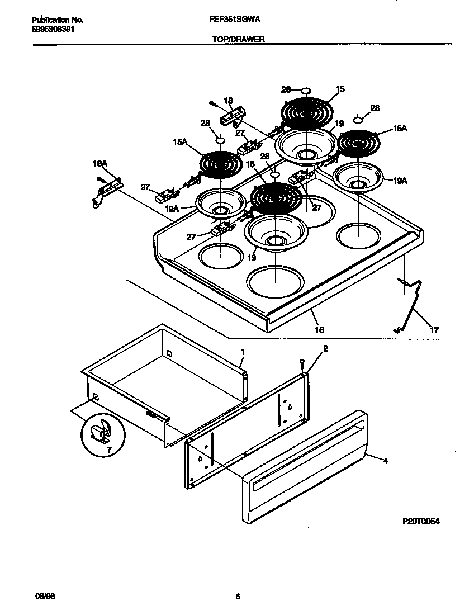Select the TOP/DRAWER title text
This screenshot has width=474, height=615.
coord(238,40)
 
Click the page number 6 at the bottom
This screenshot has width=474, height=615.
coord(238,597)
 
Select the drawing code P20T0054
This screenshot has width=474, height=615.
coord(421,521)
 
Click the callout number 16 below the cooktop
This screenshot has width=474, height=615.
coord(319,330)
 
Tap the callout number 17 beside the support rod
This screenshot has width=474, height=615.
coord(434,330)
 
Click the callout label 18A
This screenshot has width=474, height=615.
coord(99,164)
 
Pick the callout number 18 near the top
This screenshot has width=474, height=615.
coord(228,101)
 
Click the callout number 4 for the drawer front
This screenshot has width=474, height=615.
coord(385,461)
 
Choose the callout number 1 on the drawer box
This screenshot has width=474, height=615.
coord(243,352)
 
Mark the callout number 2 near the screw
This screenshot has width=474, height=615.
coord(325,348)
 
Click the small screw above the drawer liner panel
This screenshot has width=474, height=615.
coord(302,363)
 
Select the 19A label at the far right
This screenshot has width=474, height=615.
coord(399,181)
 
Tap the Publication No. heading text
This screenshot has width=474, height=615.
coord(56,20)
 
